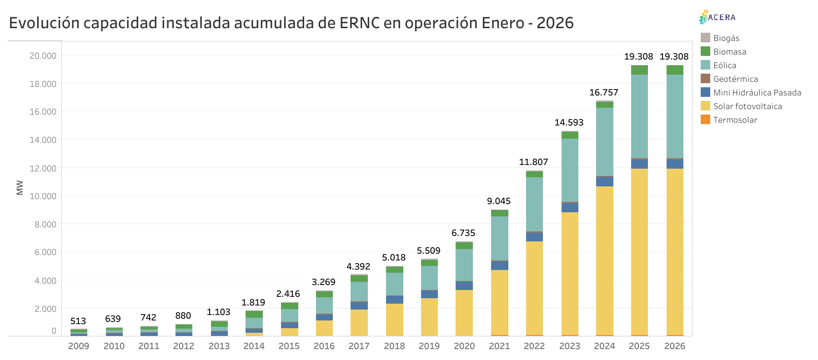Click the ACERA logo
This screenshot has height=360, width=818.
point(717,17)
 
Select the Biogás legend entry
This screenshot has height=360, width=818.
point(726,38)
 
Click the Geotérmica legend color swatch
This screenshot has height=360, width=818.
point(705,79)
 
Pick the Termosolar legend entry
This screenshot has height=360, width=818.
point(735,120)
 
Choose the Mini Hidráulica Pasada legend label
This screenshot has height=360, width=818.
point(757,93)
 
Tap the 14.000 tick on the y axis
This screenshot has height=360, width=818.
point(43,140)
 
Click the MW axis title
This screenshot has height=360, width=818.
point(20,187)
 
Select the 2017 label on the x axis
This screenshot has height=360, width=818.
point(359,346)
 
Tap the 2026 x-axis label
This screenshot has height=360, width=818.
point(674,346)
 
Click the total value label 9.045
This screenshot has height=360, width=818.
point(499,201)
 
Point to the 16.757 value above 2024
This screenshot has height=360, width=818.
point(603,93)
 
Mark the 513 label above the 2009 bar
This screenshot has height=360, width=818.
point(78,321)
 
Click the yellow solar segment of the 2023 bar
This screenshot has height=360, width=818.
point(570,273)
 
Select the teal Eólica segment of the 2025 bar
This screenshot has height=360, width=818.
point(639,116)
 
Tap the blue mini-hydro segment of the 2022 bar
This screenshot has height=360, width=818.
point(534,237)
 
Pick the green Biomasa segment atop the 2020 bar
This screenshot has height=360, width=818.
point(464,245)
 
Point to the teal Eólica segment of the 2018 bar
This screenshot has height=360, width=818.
point(394,284)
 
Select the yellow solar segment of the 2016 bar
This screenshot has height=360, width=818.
point(324,328)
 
